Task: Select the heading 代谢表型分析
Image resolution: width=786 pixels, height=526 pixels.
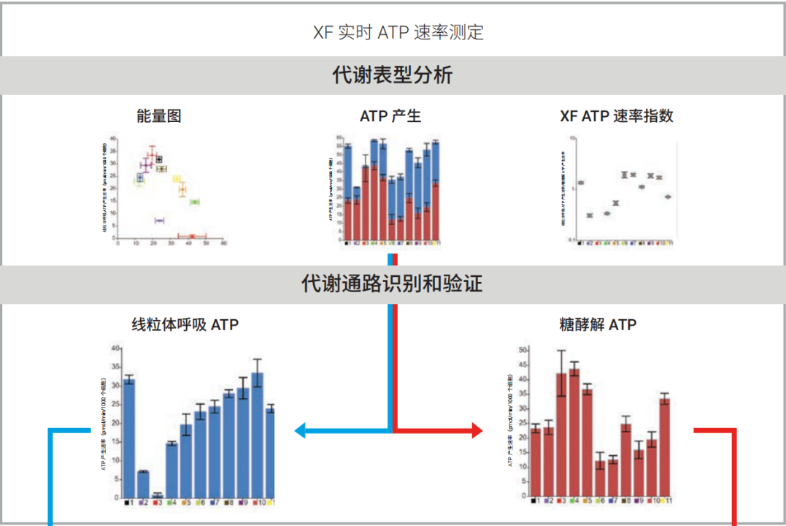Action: pos(393,75)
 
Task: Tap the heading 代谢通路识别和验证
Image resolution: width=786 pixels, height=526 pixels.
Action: pos(393,283)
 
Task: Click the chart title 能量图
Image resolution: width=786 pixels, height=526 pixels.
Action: pos(158,115)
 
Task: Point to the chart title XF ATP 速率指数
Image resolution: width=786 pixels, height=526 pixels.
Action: pos(616,116)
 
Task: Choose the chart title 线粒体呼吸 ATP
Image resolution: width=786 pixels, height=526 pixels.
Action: pos(185,324)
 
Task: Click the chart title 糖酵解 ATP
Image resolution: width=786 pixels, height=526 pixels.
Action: pos(598,324)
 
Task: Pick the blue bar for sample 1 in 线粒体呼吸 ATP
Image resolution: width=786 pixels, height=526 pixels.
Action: pos(129,438)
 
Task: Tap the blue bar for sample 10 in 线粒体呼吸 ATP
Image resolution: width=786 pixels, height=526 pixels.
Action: pos(257,435)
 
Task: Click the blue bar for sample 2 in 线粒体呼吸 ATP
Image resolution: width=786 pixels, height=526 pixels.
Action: pos(143,484)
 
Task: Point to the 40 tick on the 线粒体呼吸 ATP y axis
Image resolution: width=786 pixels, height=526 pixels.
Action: pos(115,348)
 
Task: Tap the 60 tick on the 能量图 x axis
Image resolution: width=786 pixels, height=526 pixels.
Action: pos(224,244)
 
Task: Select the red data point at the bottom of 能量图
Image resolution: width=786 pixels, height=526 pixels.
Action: pos(192,236)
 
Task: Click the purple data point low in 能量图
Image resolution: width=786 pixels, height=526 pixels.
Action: pos(160,220)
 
